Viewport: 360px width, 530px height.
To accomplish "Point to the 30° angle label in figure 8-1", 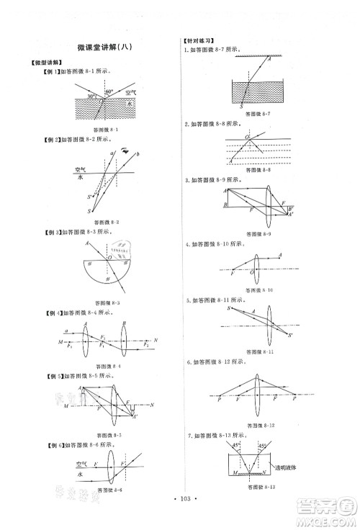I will (x=91, y=96).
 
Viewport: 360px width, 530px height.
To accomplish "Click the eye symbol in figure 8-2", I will (x=124, y=151).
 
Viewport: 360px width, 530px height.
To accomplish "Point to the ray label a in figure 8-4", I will (x=66, y=329).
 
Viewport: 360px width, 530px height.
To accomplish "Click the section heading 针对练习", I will (x=196, y=41).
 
